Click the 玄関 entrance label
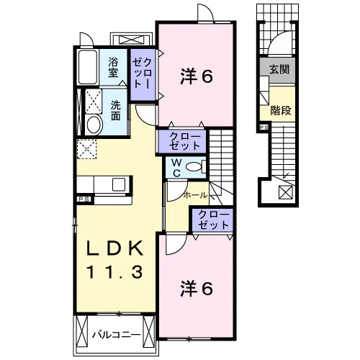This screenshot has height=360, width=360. click(x=279, y=69)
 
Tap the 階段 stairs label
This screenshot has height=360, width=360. click(x=281, y=110)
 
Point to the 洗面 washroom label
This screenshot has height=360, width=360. click(x=115, y=110)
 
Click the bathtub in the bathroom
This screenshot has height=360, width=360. click(x=88, y=67)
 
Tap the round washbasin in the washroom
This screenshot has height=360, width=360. click(x=94, y=125)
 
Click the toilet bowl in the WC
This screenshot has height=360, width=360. click(x=194, y=167)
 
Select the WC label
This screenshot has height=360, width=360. click(x=176, y=168)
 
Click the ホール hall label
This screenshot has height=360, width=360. click(x=195, y=195)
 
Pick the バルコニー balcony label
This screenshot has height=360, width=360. click(x=116, y=335)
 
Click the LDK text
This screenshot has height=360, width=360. click(x=115, y=248)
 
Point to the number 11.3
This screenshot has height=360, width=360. click(x=115, y=272)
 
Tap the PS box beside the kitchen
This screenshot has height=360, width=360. click(x=84, y=199)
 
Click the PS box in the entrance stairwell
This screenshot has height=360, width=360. click(x=264, y=127)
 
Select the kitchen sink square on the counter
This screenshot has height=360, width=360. click(x=119, y=184)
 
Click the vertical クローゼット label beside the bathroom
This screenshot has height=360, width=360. click(x=142, y=74)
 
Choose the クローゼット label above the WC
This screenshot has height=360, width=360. click(x=184, y=141)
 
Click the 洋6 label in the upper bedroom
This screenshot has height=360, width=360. click(x=197, y=77)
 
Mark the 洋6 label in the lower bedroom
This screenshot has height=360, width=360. click(x=197, y=289)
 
